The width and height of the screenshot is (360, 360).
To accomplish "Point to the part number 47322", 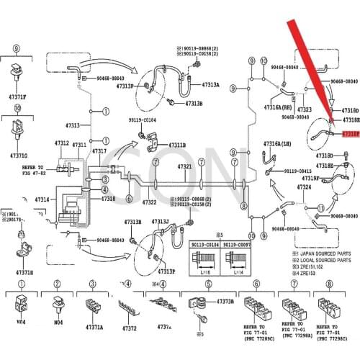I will tap(149, 203).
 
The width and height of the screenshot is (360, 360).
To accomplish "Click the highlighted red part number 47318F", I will tap(350, 134).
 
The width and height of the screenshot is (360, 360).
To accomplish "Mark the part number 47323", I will tap(304, 109).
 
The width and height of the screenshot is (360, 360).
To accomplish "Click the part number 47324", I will tap(304, 187).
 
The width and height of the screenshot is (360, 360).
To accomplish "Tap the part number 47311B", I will tap(177, 145).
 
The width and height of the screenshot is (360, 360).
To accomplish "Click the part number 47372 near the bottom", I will tap(129, 328).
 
